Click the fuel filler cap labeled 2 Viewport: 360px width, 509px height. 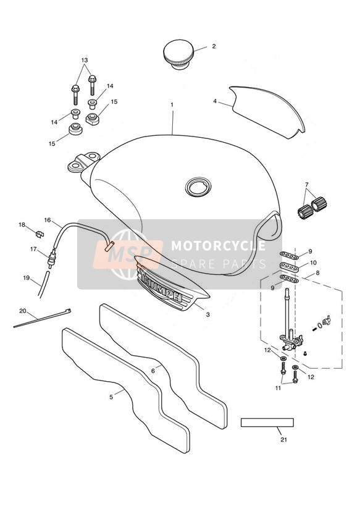(x=178, y=54)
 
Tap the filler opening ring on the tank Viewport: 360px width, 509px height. (x=198, y=187)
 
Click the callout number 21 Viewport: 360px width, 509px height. (x=283, y=440)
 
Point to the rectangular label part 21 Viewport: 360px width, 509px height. (x=267, y=423)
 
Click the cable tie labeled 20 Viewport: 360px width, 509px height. (x=42, y=318)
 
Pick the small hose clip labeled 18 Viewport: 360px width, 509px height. (x=40, y=233)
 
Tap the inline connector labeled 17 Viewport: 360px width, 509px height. (x=51, y=258)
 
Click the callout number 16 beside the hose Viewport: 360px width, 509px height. (x=48, y=220)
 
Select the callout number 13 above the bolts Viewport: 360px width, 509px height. (x=85, y=60)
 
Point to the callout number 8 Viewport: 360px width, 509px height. (x=317, y=273)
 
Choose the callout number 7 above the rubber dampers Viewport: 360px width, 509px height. (x=307, y=185)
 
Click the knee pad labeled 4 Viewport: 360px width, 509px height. (x=267, y=112)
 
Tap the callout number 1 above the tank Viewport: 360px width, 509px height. (x=172, y=105)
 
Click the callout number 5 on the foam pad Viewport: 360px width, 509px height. (x=111, y=397)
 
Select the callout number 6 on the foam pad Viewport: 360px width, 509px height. (x=153, y=371)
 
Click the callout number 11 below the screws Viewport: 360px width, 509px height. (x=278, y=388)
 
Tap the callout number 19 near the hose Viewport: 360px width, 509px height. (x=27, y=278)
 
